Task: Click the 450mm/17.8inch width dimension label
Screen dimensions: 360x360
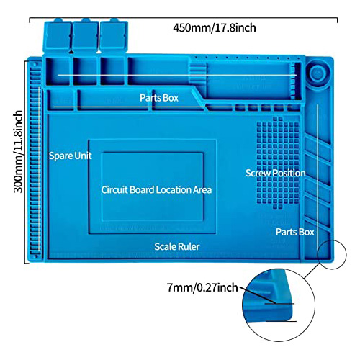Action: click(215, 28)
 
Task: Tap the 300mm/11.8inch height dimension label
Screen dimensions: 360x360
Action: click(18, 151)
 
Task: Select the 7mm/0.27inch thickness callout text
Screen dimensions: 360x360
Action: click(202, 287)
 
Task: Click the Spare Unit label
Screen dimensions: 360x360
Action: click(70, 156)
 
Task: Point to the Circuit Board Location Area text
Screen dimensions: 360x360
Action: click(156, 190)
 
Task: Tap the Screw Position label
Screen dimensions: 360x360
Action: click(275, 173)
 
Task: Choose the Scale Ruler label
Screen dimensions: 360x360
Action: click(177, 246)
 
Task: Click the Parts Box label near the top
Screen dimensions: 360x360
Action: click(159, 98)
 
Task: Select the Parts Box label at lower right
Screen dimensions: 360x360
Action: click(294, 232)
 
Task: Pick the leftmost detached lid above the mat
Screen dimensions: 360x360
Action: click(57, 36)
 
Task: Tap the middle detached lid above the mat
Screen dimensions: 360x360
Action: click(86, 36)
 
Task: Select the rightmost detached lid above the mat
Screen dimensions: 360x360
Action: click(114, 36)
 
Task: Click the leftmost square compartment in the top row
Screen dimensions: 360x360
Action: click(58, 71)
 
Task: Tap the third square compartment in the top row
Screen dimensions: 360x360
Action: click(112, 71)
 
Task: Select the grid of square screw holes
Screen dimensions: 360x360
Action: click(278, 163)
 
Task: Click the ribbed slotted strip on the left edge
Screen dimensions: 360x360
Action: click(36, 160)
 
